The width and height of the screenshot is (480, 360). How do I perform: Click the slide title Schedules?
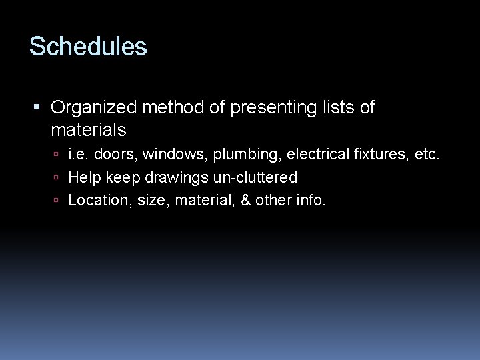[x=88, y=47]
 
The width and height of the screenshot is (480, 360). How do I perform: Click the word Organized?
[x=95, y=107]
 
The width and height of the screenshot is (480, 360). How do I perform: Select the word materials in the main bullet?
[x=88, y=128]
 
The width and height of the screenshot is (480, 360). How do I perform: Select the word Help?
[x=83, y=178]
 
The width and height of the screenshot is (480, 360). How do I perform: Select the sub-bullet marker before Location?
[x=58, y=201]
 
